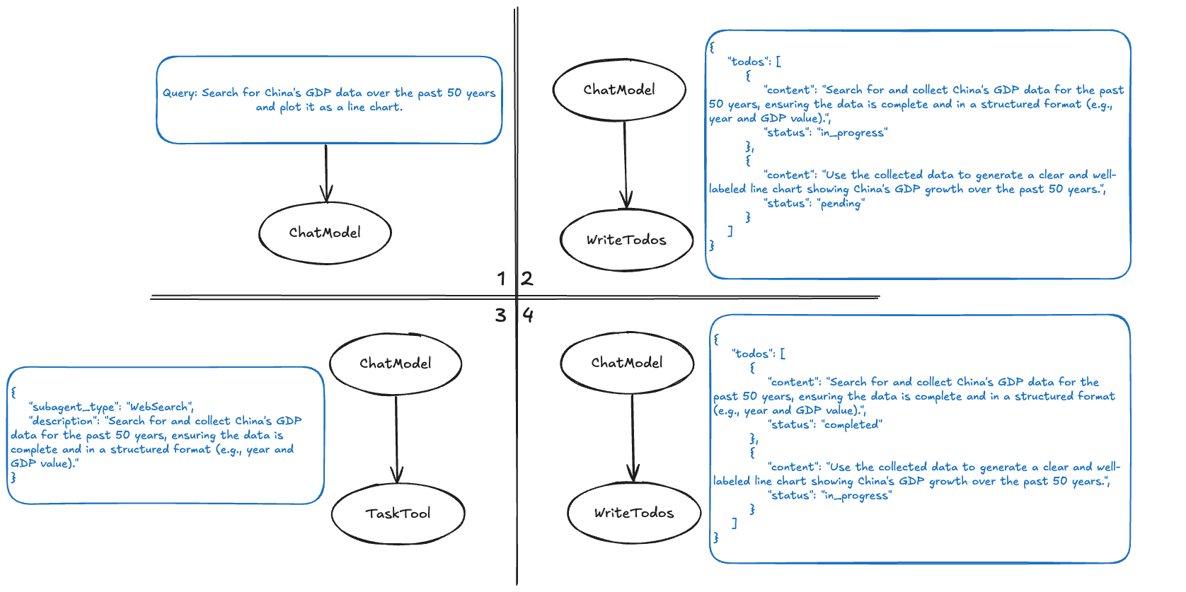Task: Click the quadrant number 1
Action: [x=501, y=279]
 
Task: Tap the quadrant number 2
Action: [x=527, y=279]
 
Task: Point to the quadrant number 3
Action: [x=501, y=315]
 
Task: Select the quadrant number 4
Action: [x=528, y=315]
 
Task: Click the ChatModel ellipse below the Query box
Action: [x=325, y=233]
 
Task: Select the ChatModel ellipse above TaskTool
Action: [x=396, y=364]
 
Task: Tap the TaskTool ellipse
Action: [x=398, y=513]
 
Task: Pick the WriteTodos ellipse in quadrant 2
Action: [x=626, y=240]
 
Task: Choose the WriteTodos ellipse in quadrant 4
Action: [x=634, y=513]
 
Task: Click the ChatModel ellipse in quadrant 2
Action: [x=619, y=90]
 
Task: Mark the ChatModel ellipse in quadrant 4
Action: [x=627, y=363]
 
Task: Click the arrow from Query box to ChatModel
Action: [x=326, y=173]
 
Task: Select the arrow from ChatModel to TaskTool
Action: [x=396, y=439]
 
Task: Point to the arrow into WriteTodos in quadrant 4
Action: [x=633, y=439]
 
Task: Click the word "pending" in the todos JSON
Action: [x=841, y=204]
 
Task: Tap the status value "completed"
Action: [x=852, y=424]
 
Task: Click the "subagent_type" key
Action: [x=73, y=407]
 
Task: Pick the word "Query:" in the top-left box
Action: [x=180, y=93]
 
